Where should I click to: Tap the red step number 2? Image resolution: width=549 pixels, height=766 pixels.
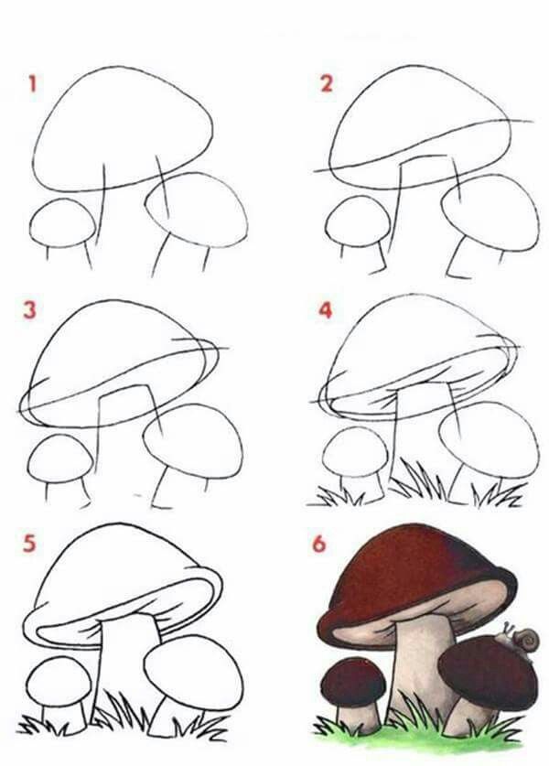pos(326,85)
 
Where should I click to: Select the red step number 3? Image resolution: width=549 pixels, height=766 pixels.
pos(30,310)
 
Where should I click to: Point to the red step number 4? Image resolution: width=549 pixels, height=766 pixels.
pos(325,310)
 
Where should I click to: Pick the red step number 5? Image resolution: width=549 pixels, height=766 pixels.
pos(30,545)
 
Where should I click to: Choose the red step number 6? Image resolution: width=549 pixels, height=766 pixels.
pos(318,545)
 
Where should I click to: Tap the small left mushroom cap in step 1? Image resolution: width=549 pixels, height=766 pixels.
pos(62,222)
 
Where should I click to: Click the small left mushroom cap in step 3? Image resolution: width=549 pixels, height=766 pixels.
pos(59,458)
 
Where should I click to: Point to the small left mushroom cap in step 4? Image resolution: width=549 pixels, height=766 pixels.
pos(355,451)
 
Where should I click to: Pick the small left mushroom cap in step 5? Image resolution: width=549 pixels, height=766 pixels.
pos(59,681)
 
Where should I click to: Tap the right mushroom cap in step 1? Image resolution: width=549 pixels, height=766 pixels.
pos(198,209)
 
